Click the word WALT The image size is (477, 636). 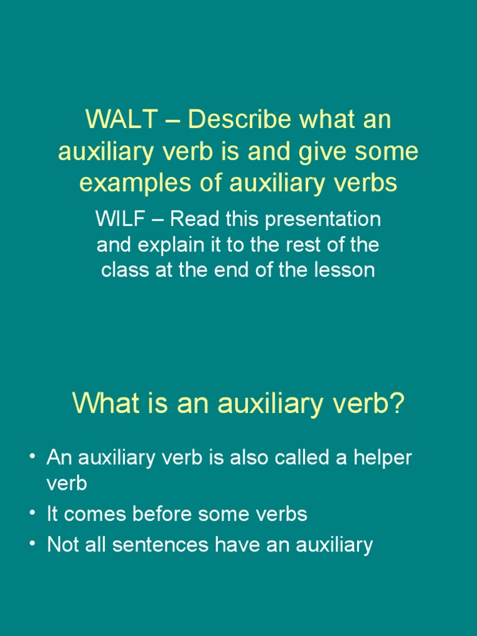coord(121,119)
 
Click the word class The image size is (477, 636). coord(125,270)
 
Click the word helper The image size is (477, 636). coord(383,458)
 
